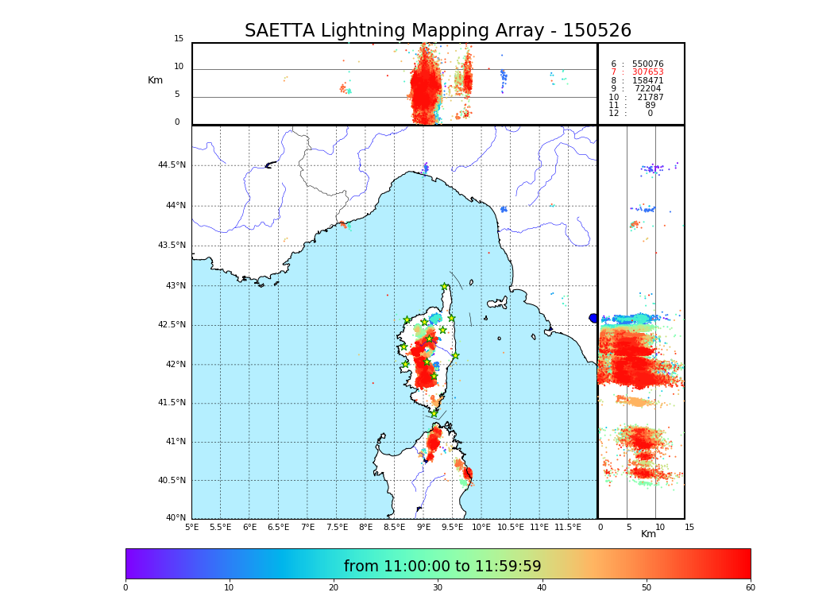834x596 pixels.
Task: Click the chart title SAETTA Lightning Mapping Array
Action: tap(438, 31)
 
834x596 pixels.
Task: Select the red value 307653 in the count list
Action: tap(647, 72)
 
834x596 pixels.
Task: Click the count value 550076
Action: tap(647, 64)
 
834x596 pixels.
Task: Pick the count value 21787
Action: tap(650, 98)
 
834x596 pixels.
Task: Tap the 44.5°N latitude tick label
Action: tap(172, 165)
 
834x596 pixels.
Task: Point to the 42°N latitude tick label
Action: tap(174, 365)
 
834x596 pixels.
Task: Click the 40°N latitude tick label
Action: tap(176, 518)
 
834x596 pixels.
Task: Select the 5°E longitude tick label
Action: tap(192, 527)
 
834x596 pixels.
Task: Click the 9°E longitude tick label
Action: tap(423, 527)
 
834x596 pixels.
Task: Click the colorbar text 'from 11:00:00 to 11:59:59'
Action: tap(442, 567)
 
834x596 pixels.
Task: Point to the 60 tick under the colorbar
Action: tap(750, 588)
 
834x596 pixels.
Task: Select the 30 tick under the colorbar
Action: tap(438, 588)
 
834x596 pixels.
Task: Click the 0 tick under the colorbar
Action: tap(125, 588)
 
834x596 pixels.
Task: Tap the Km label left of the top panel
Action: tap(155, 80)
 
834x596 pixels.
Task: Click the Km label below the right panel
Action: tap(649, 534)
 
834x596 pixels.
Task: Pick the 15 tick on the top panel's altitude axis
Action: tap(179, 39)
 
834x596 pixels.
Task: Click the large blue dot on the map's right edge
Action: tap(593, 318)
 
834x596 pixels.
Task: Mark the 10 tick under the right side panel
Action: tap(660, 527)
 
